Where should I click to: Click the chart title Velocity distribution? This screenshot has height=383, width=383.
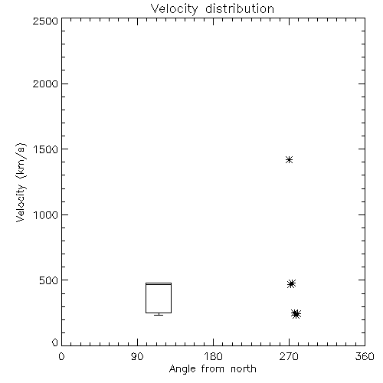(212, 8)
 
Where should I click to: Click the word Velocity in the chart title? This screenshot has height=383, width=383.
(174, 9)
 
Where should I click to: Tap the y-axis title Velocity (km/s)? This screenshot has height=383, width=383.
(21, 182)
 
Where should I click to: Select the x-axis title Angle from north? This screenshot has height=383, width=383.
(212, 369)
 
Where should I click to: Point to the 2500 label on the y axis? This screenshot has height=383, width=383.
(45, 21)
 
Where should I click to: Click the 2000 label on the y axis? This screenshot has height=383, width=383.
(45, 83)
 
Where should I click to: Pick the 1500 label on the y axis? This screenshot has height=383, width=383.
(46, 149)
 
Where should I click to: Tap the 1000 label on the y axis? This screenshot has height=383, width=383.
(46, 215)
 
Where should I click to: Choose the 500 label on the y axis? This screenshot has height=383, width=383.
(49, 280)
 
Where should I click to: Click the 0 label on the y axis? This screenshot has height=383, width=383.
(55, 342)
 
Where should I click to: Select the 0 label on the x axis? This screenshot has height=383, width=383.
(61, 356)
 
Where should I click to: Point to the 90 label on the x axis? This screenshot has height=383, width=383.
(137, 356)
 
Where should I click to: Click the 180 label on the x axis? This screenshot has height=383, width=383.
(213, 356)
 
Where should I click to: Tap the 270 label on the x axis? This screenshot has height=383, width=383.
(289, 356)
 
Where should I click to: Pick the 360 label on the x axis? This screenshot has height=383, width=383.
(365, 356)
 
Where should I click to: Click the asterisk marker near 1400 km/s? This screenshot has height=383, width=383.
(289, 160)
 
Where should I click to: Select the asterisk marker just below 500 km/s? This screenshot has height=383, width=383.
(291, 283)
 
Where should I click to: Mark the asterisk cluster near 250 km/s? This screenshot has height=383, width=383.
(296, 314)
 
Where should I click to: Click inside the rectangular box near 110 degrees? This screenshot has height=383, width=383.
(159, 298)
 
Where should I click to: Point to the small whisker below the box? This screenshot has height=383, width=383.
(159, 314)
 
